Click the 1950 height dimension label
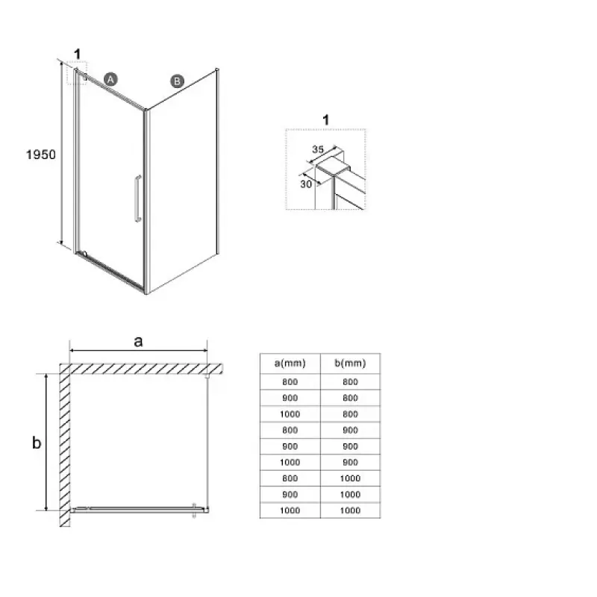[41, 154]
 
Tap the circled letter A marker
[110, 79]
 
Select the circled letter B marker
[177, 81]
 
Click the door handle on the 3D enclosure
[138, 199]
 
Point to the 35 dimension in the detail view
[318, 149]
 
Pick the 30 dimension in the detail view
[306, 184]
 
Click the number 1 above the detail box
[325, 120]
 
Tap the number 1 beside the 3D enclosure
[78, 54]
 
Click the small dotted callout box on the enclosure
[78, 72]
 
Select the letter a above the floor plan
[138, 341]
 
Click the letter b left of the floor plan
[37, 443]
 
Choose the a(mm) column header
[290, 363]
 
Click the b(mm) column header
[350, 363]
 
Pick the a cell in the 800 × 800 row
[290, 382]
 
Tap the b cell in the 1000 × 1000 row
[350, 510]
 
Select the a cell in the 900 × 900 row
[290, 446]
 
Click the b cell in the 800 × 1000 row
[350, 478]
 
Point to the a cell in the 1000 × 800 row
[290, 414]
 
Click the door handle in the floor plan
[194, 510]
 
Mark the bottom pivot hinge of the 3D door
[84, 254]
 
